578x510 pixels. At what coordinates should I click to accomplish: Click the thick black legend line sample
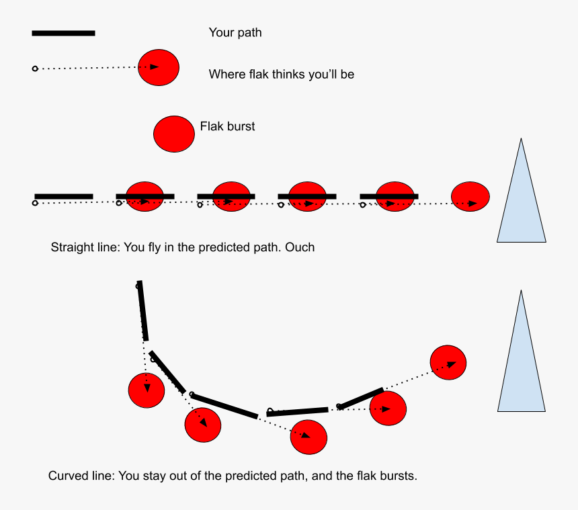63,33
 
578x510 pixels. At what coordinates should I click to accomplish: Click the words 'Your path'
235,33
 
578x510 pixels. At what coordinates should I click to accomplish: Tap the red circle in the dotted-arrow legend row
159,67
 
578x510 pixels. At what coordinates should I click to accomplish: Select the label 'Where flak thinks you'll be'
281,75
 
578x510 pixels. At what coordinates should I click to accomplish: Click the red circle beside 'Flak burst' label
174,134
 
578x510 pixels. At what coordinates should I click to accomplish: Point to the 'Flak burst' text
227,126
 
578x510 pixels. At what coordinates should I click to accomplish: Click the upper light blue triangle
521,202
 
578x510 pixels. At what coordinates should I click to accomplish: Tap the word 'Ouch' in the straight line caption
300,247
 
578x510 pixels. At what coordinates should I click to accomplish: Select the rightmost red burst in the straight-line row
470,197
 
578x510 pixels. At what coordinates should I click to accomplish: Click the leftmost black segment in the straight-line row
64,196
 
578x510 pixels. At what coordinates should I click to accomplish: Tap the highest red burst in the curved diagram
448,362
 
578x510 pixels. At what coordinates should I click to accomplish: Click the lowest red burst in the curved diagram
308,437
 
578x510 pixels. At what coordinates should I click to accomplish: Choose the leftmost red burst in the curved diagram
147,390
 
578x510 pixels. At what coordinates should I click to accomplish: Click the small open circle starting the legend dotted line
36,69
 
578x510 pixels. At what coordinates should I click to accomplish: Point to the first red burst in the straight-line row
145,198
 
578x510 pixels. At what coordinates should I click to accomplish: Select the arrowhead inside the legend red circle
155,67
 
